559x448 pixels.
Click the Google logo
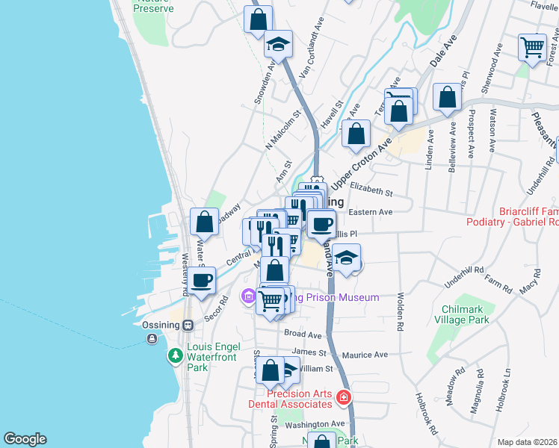point(25,439)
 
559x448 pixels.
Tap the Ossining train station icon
point(188,325)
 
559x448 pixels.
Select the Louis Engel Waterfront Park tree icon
point(175,355)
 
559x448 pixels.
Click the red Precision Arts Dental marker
point(343,397)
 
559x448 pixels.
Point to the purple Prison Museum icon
point(248,297)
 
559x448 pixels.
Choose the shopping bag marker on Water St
point(204,221)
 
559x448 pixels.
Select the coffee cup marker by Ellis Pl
point(322,223)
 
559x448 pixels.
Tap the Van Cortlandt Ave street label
point(312,47)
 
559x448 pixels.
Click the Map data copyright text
point(527,441)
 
